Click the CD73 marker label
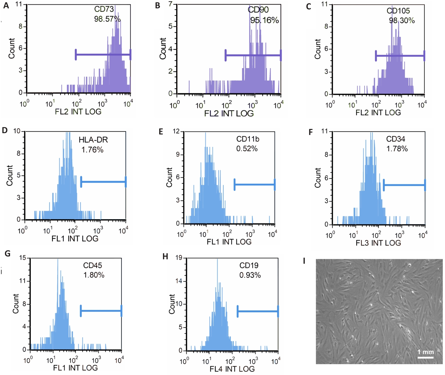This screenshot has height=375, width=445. [x=104, y=9]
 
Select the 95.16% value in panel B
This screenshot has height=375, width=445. [x=264, y=20]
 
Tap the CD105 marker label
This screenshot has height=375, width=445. [x=398, y=11]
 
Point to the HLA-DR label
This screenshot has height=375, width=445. [x=93, y=140]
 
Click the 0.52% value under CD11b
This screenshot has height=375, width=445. [x=247, y=149]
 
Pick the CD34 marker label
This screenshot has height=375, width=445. [x=395, y=139]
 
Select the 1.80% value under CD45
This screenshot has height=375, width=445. [x=94, y=275]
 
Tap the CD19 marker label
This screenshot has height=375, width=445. [x=249, y=266]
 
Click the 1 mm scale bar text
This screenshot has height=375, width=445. [x=425, y=352]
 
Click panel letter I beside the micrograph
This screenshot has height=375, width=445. [x=304, y=261]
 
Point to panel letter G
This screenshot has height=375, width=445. [x=8, y=254]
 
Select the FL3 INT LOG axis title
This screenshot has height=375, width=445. [x=378, y=243]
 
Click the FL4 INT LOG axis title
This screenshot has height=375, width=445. [x=232, y=369]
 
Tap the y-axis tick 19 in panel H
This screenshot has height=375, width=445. [x=179, y=258]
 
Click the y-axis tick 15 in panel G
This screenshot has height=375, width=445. [x=23, y=258]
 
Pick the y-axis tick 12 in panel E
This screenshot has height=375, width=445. [x=176, y=131]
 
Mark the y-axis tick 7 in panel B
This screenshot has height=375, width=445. [x=171, y=4]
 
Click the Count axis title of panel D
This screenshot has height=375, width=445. [x=10, y=175]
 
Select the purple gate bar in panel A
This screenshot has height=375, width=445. [x=103, y=55]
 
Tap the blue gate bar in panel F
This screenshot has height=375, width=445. [x=404, y=185]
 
